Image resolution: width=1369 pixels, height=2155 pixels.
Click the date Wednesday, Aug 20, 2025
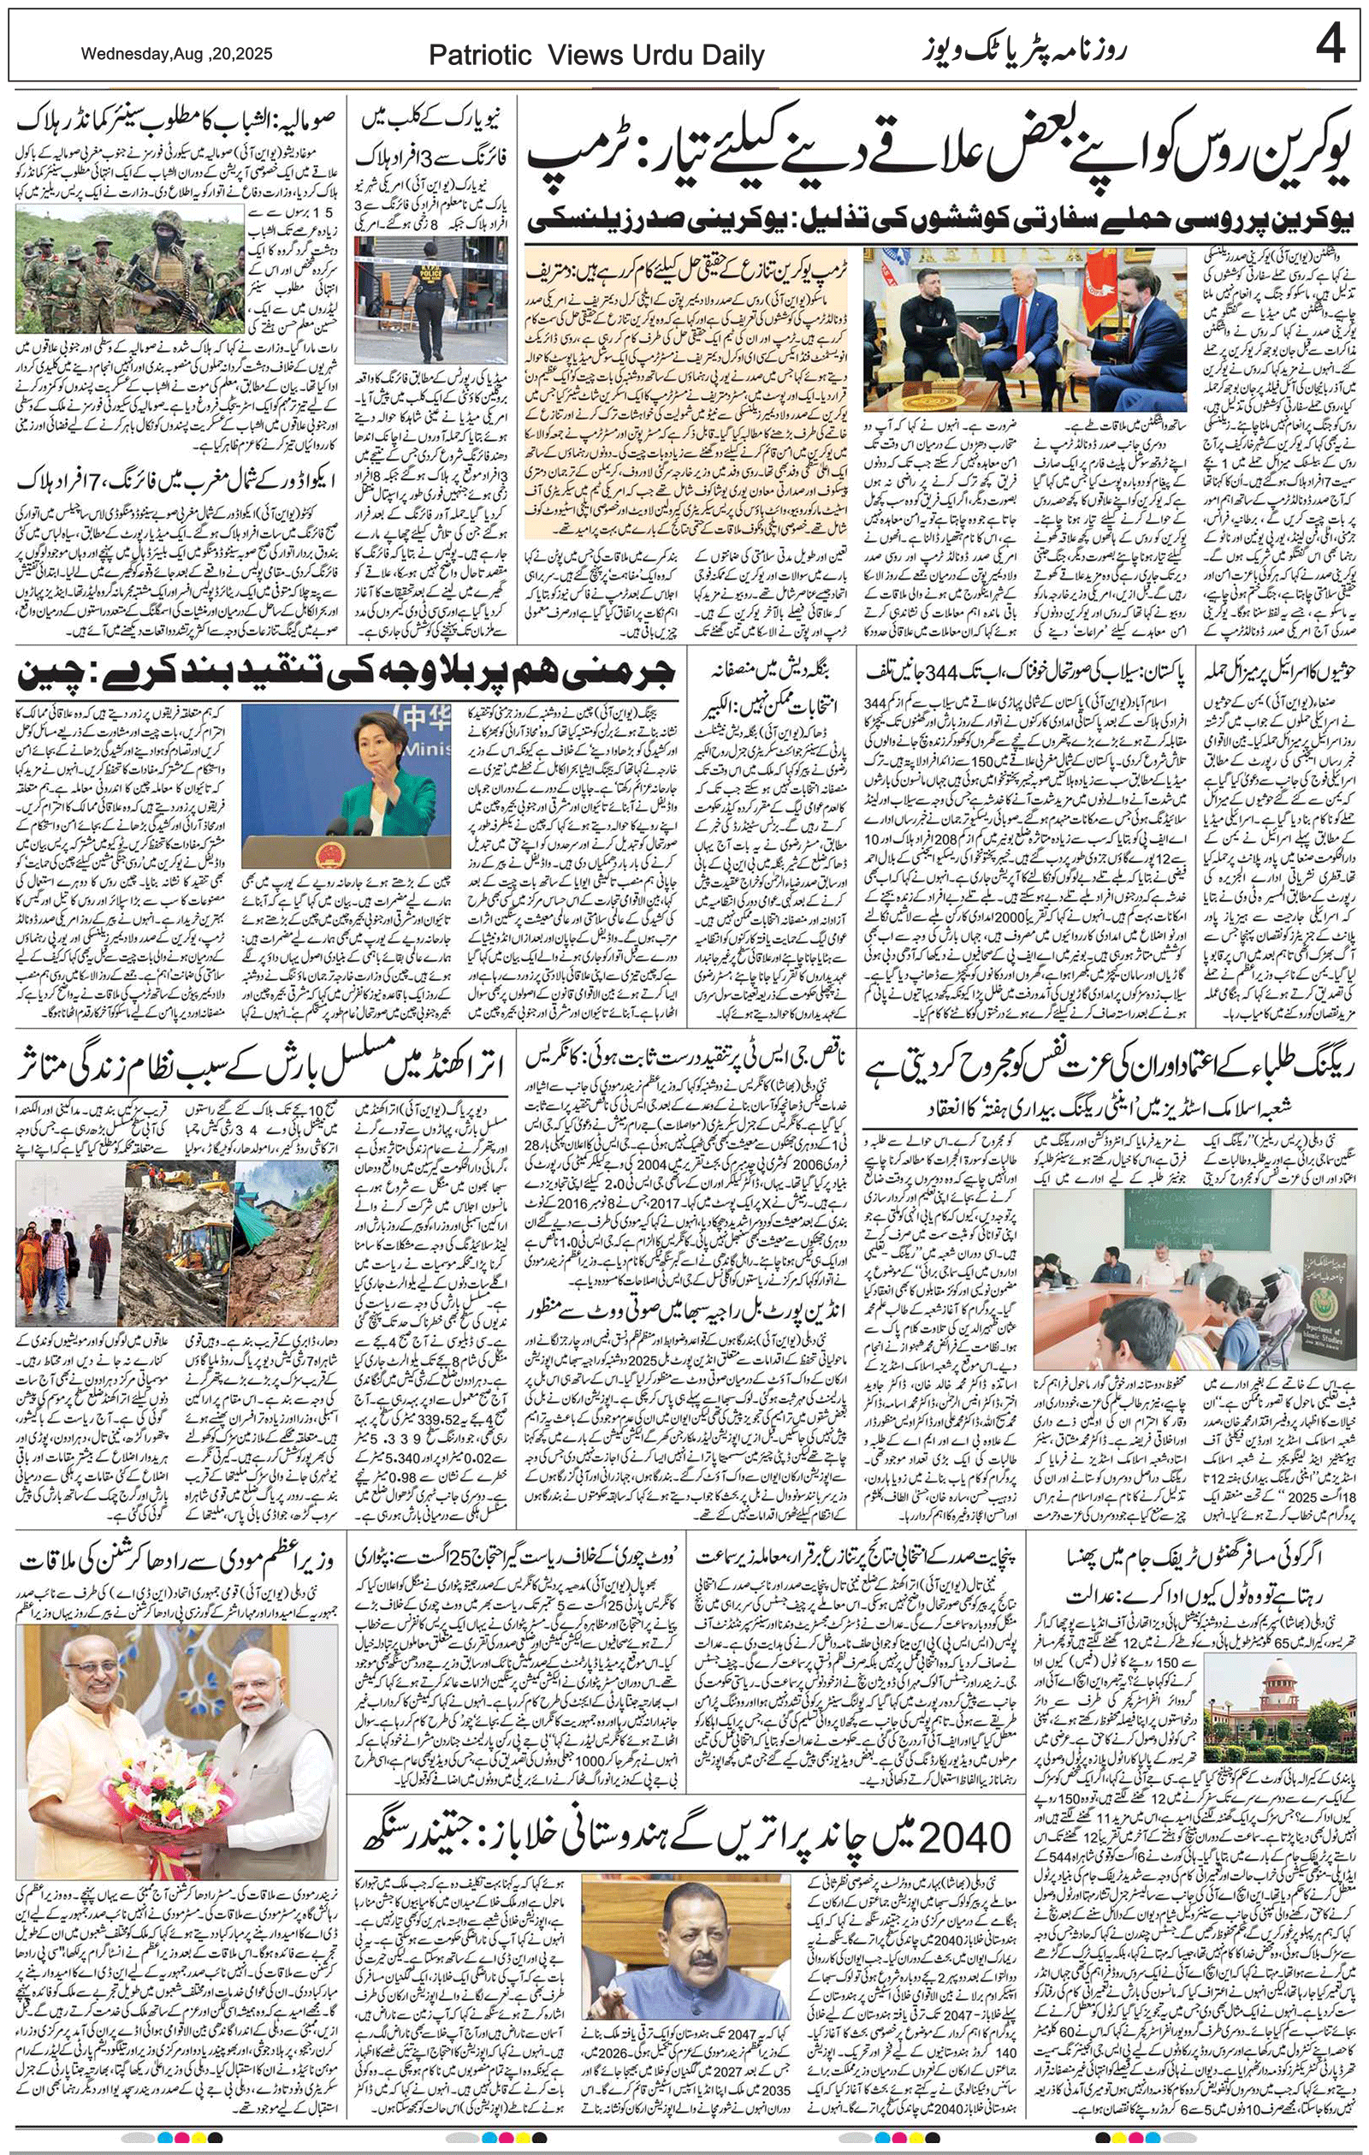click(x=176, y=54)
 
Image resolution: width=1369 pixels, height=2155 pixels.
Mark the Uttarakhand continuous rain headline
click(x=259, y=1066)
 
